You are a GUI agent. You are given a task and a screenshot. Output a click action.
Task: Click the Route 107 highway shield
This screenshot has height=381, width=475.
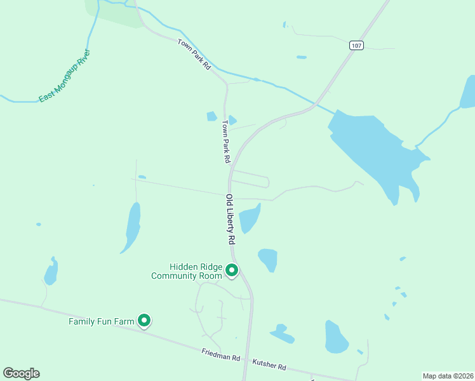356,45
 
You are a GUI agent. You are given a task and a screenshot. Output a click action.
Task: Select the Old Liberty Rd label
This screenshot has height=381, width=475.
231,220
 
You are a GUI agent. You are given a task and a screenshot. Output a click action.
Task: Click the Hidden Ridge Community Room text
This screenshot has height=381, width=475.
187,272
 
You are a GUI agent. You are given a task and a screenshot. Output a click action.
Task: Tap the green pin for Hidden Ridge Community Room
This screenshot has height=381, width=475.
232,271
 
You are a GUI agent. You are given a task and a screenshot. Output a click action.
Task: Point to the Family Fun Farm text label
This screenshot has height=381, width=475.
102,321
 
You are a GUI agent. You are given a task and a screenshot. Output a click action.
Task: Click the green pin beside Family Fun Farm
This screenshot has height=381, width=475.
144,321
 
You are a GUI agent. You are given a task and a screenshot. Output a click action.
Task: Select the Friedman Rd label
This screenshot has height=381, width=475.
221,356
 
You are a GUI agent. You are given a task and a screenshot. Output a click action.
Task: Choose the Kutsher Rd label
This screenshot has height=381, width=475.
269,364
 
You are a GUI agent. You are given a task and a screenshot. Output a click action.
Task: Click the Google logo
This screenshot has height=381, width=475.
21,373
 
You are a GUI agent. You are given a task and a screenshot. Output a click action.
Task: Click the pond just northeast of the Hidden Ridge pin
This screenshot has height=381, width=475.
269,258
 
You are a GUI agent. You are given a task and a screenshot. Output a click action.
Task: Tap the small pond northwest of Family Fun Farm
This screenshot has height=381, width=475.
51,273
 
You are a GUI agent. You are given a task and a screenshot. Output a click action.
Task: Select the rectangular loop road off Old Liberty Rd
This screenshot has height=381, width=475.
251,180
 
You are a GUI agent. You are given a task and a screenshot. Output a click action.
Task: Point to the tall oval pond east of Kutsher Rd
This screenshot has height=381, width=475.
335,337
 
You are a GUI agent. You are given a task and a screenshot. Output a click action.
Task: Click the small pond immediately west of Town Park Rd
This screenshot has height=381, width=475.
211,116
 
